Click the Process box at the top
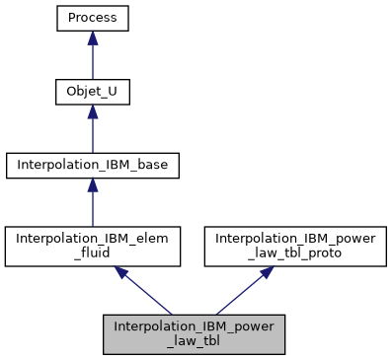[x=93, y=18]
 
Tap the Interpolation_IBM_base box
[x=93, y=165]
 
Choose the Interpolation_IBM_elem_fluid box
[x=93, y=246]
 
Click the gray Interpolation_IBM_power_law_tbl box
[x=194, y=334]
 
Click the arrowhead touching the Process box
[x=93, y=37]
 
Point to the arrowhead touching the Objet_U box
[x=93, y=111]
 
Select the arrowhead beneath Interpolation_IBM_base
[x=93, y=185]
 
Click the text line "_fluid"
[x=93, y=252]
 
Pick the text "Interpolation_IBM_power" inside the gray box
[x=194, y=326]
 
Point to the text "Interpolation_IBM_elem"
[x=93, y=238]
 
